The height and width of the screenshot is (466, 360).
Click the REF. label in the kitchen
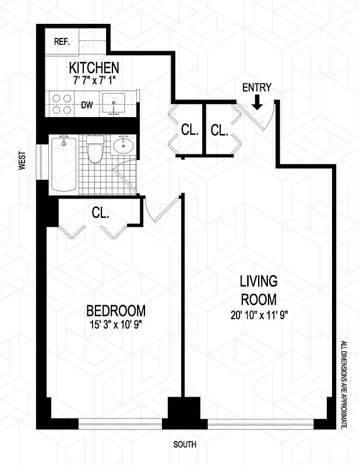coord(61,41)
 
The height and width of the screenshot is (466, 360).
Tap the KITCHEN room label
coord(94,68)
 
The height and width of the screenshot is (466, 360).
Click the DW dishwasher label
coord(87,105)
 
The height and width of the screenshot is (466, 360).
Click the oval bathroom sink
coord(123,146)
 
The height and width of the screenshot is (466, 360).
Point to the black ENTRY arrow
coord(257,103)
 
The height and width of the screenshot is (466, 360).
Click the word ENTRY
coord(256,88)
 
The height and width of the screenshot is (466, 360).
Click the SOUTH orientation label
coord(185,444)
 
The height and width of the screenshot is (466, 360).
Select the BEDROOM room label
coord(116,310)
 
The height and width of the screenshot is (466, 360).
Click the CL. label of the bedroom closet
coord(100,213)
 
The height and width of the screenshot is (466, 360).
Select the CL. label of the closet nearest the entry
coord(219,130)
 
